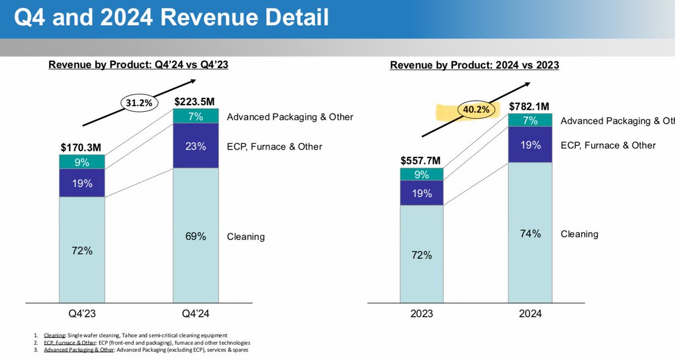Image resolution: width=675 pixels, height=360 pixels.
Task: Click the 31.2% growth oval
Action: coord(135,102)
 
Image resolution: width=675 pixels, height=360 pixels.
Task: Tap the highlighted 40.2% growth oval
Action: coord(476,110)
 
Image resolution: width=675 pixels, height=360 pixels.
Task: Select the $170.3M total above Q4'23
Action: coord(82,147)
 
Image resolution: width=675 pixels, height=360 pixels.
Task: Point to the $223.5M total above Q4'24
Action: coord(195,101)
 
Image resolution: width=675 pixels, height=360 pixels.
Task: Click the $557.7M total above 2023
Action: coord(422,160)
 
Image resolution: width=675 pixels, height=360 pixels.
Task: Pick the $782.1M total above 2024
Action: coord(530,106)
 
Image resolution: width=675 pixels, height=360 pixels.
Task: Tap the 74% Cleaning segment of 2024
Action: coord(530,233)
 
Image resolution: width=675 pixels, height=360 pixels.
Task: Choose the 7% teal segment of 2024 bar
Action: coord(530,121)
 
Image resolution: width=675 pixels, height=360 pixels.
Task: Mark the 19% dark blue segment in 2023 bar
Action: coord(422,193)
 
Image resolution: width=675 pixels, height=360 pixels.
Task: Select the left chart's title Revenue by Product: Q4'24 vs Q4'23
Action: coord(138,65)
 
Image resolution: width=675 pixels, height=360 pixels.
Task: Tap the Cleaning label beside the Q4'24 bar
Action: coord(246,237)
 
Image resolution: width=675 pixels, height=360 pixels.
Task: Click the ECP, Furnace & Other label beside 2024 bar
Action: coord(608,146)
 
